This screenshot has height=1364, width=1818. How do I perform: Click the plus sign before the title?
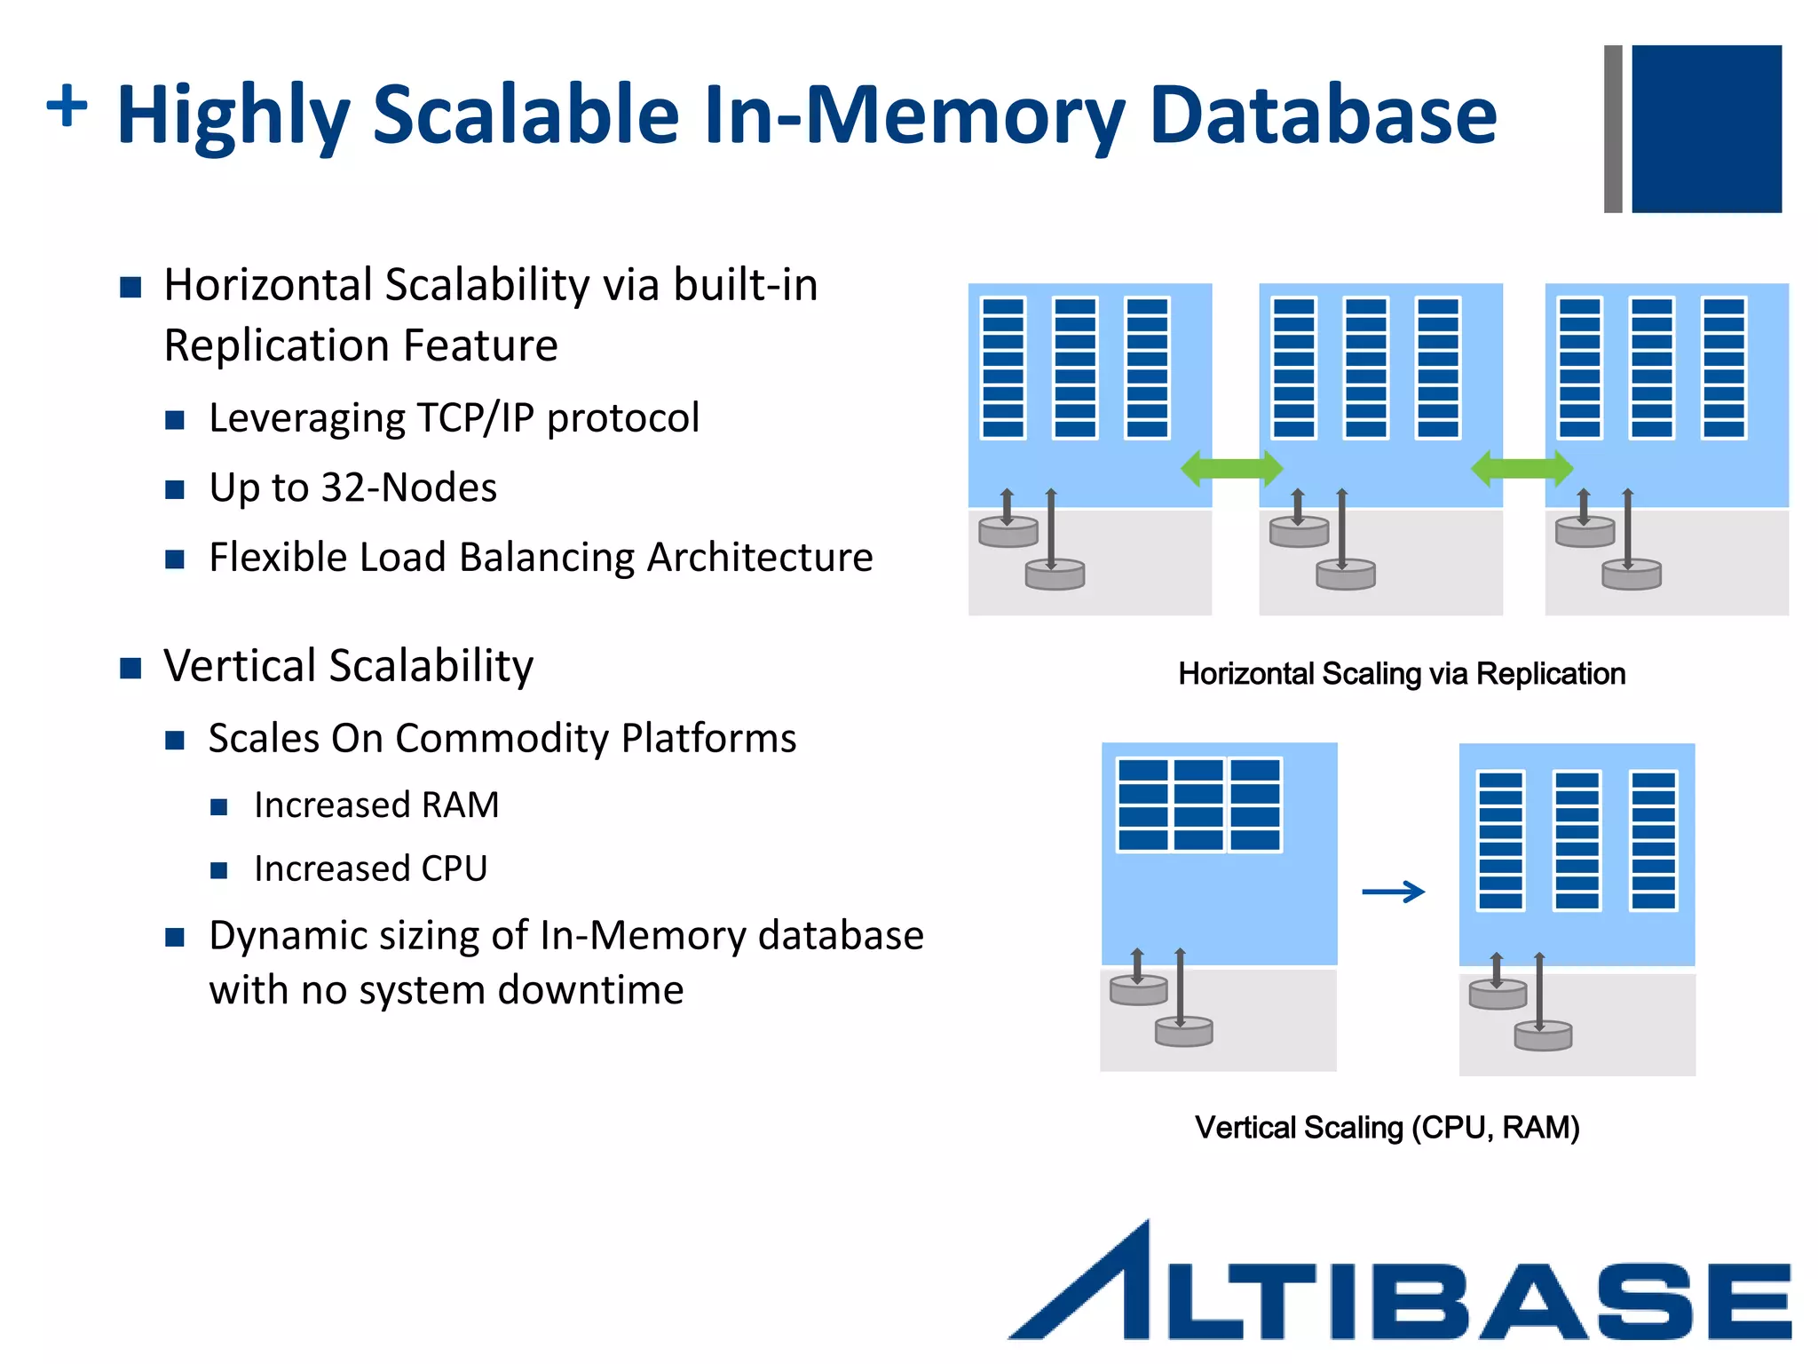point(67,107)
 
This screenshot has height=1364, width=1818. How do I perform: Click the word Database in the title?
point(1323,115)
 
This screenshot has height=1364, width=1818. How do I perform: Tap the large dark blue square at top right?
point(1706,129)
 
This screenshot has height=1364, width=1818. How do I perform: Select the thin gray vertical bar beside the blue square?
point(1613,129)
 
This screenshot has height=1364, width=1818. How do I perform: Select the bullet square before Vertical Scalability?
point(130,668)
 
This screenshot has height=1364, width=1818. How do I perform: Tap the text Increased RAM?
point(376,805)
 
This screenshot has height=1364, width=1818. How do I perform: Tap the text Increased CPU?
point(370,868)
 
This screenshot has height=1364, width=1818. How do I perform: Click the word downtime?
point(590,990)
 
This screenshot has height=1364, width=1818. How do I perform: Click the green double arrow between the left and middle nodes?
point(1231,468)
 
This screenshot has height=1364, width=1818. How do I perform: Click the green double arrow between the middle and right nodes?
point(1522,468)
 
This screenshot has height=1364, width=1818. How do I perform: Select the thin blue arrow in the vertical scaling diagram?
point(1394,892)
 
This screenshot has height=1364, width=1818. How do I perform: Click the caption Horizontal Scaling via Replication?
point(1402,674)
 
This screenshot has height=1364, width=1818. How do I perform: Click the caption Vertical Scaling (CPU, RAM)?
point(1387,1128)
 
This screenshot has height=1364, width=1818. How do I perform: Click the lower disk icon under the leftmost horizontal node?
point(1055,575)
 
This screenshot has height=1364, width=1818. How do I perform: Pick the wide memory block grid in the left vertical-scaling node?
point(1198,805)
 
